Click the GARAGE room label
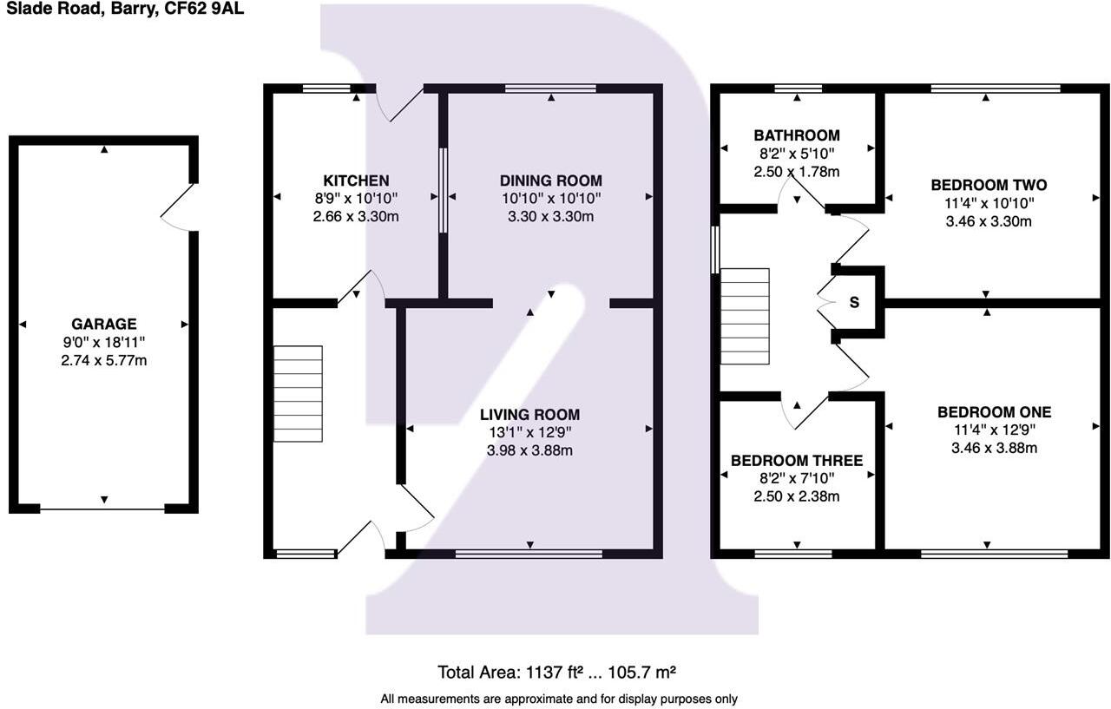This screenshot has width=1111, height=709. [104, 324]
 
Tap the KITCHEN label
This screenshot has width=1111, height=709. [356, 181]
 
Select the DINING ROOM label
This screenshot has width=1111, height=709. [550, 181]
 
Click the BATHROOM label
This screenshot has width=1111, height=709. [796, 135]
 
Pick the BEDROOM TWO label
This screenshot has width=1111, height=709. [988, 185]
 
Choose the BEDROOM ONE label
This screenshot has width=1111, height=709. [994, 412]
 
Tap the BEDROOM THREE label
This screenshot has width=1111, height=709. [796, 460]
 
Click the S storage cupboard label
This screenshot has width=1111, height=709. [854, 303]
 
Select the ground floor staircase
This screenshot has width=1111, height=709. [298, 393]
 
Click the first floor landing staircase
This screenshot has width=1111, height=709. [745, 316]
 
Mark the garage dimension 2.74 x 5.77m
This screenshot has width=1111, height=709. [104, 360]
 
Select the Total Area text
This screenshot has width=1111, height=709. [556, 672]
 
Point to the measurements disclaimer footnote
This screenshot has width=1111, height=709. [558, 698]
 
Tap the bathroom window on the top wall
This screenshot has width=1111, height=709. [798, 88]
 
